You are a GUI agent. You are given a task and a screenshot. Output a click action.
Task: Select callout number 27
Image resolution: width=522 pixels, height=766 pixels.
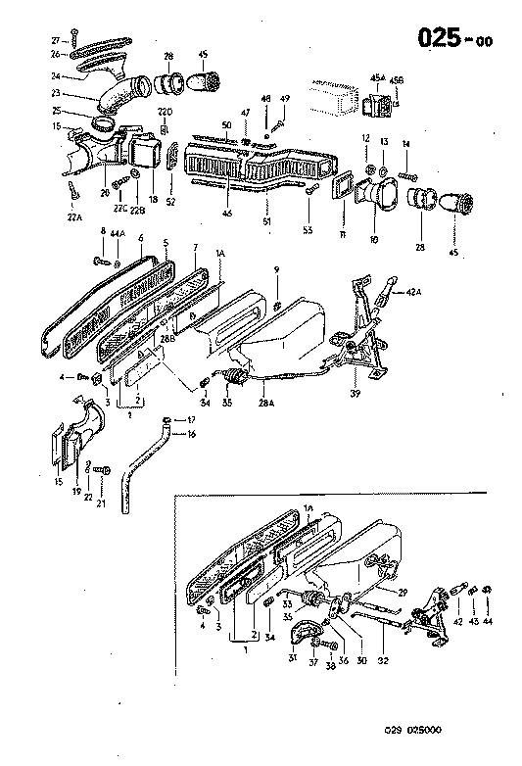tap(57, 38)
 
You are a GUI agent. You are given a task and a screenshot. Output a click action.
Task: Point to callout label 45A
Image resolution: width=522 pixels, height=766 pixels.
tap(376, 79)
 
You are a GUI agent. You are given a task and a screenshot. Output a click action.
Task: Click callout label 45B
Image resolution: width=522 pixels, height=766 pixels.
tap(397, 79)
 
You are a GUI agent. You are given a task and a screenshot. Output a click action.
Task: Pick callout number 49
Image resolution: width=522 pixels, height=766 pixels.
tap(285, 100)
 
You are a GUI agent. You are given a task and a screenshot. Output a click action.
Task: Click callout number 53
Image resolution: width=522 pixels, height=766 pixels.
tap(308, 231)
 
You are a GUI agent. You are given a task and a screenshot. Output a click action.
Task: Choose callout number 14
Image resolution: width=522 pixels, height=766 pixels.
tap(404, 144)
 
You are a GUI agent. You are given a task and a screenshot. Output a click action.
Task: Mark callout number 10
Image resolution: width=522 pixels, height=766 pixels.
tap(373, 239)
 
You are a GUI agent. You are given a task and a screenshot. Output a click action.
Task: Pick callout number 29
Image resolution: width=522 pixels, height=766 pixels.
tap(402, 592)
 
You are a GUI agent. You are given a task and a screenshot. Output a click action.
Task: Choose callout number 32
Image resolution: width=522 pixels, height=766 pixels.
tap(383, 660)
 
